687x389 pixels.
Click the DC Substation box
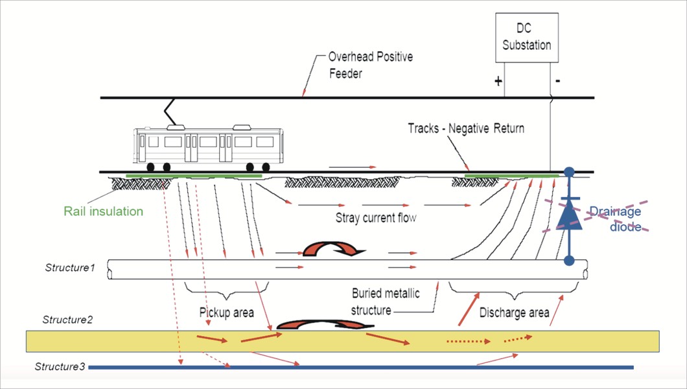pos(526,37)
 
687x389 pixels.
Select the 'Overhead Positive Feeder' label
pos(370,65)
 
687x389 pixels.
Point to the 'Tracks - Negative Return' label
pos(466,128)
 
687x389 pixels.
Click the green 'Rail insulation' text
pos(103,211)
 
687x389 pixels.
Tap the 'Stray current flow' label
pos(376,218)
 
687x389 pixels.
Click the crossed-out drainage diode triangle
pos(568,216)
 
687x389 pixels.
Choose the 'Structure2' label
pos(68,320)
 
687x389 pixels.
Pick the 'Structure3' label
pos(60,367)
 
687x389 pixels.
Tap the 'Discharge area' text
pos(515,312)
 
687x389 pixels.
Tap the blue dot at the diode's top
pos(569,172)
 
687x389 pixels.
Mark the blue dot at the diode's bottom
pos(569,261)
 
